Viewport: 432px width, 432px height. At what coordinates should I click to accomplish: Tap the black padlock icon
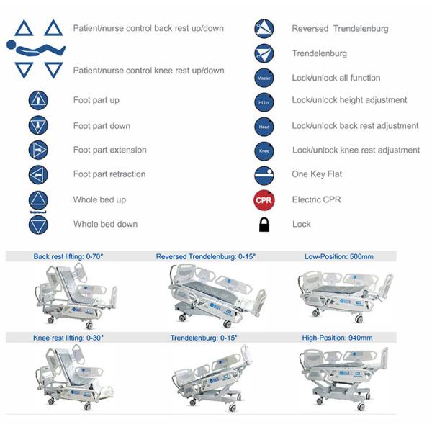pos(264,225)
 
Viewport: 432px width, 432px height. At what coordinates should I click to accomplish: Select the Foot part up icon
pos(37,101)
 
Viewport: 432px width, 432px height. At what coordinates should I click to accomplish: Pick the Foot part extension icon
pos(37,150)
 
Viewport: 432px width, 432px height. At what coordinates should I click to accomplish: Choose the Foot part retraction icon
pos(37,174)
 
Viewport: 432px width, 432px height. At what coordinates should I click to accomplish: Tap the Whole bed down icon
pos(37,225)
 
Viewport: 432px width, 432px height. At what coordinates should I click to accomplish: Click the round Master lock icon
pos(264,78)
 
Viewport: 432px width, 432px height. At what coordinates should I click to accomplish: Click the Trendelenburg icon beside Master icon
pos(264,53)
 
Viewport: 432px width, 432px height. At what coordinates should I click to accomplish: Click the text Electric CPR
pos(316,199)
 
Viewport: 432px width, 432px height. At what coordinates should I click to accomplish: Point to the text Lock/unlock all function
pos(336,78)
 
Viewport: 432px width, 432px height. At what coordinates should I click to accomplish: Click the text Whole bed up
pos(99,199)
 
